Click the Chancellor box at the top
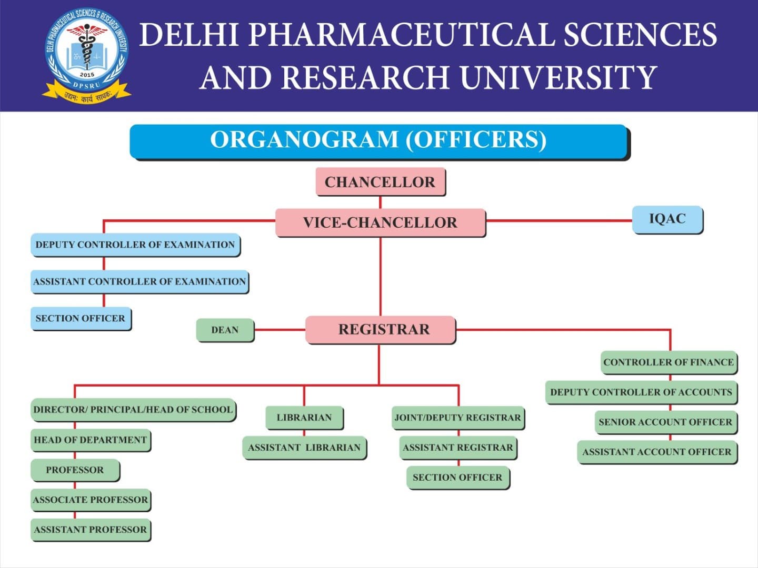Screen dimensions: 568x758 click(380, 182)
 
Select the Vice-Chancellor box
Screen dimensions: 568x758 click(380, 222)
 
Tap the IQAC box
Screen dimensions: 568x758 click(667, 219)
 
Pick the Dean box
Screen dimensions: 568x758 click(225, 330)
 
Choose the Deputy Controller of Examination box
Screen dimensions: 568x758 click(135, 245)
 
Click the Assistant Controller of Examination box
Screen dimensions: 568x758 click(139, 281)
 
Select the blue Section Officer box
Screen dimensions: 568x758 click(81, 318)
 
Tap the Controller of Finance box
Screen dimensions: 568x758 click(669, 362)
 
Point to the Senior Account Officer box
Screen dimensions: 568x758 click(665, 422)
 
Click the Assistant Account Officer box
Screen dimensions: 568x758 click(656, 452)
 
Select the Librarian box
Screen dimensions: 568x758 click(304, 418)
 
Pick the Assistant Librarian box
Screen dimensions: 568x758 click(304, 448)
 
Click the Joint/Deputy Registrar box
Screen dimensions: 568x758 click(457, 418)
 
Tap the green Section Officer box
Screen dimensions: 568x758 click(457, 478)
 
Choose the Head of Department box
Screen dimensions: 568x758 click(91, 440)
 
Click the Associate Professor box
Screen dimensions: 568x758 click(91, 500)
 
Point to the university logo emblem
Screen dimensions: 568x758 click(87, 55)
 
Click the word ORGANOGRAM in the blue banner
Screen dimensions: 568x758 click(304, 140)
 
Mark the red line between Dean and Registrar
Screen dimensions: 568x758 click(280, 330)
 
